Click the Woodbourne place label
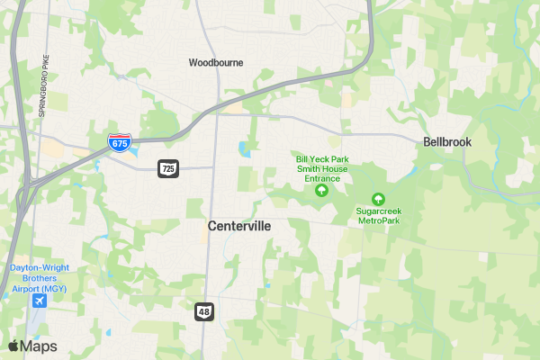(x=216, y=63)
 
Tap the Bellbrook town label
(x=447, y=142)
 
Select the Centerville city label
(x=238, y=226)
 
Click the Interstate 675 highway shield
(x=119, y=142)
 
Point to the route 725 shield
(x=168, y=167)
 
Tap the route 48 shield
(x=203, y=310)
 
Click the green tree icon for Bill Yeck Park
(x=321, y=190)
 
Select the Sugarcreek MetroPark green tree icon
(x=378, y=199)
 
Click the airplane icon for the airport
(x=39, y=301)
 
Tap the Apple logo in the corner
(x=13, y=346)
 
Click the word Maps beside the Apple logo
(x=39, y=346)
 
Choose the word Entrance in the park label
(x=321, y=178)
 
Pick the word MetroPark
(x=379, y=220)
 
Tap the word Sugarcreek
(x=379, y=211)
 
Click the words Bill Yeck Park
(x=321, y=159)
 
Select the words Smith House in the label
(x=321, y=169)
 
